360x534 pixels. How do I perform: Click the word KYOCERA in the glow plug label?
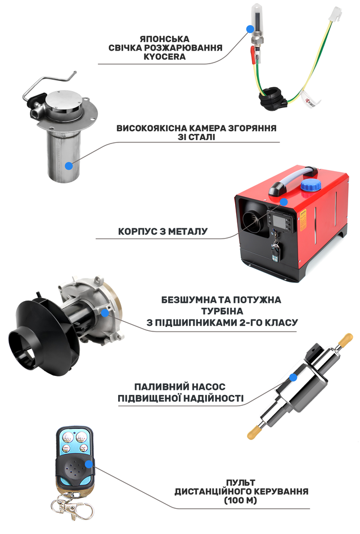tap(164, 56)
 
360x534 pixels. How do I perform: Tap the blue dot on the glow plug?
tap(251, 29)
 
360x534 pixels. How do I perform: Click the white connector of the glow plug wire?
tap(335, 14)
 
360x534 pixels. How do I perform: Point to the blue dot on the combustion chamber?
tap(69, 166)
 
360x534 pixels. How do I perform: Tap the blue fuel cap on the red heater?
tap(310, 186)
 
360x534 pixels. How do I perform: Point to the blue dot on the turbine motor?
tap(105, 312)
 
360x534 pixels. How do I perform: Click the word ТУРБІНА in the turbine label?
tap(222, 311)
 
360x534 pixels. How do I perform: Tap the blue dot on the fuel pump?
tap(292, 378)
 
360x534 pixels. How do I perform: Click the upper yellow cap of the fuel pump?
tap(346, 339)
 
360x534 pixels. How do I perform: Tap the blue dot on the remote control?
tap(89, 464)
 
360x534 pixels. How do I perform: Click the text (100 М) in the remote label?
tap(241, 500)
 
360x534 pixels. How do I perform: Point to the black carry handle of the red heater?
tap(293, 181)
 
